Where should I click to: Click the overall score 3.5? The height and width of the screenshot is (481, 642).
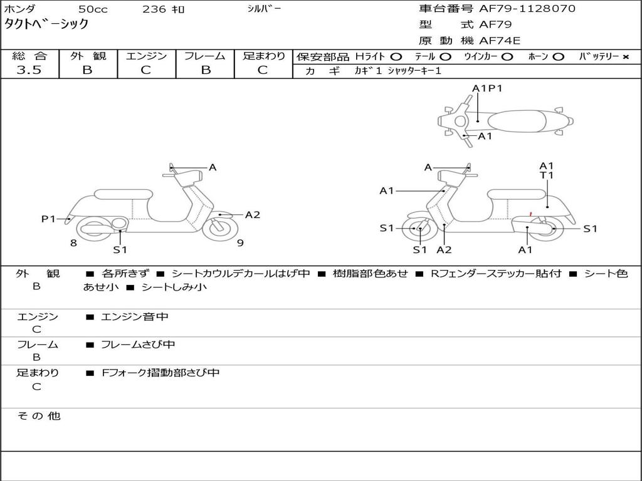(x=29, y=70)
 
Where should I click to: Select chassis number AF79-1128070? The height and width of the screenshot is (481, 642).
(x=527, y=8)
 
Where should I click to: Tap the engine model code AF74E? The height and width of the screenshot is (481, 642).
(x=500, y=41)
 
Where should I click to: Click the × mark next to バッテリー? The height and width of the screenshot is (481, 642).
(x=626, y=57)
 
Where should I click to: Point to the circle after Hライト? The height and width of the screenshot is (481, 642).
(x=396, y=57)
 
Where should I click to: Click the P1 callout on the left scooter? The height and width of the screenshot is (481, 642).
(x=48, y=219)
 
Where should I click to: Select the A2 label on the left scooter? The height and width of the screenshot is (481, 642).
(x=253, y=215)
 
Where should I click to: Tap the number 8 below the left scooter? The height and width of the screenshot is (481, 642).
(x=73, y=244)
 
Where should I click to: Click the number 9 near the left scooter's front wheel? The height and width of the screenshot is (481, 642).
(x=240, y=243)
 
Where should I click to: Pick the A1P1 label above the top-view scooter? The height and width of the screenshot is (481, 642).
(x=487, y=88)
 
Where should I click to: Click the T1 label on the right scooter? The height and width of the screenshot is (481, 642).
(x=546, y=175)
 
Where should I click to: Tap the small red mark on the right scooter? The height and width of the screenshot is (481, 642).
(x=530, y=214)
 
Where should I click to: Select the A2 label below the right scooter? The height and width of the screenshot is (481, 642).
(x=444, y=249)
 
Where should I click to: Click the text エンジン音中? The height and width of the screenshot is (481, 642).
(x=134, y=316)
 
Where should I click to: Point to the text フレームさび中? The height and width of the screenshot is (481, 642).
(x=138, y=345)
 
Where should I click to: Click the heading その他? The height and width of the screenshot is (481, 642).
(x=38, y=416)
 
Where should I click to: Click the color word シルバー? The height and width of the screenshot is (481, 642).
(x=264, y=8)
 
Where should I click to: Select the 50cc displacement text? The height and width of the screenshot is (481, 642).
(x=93, y=9)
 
